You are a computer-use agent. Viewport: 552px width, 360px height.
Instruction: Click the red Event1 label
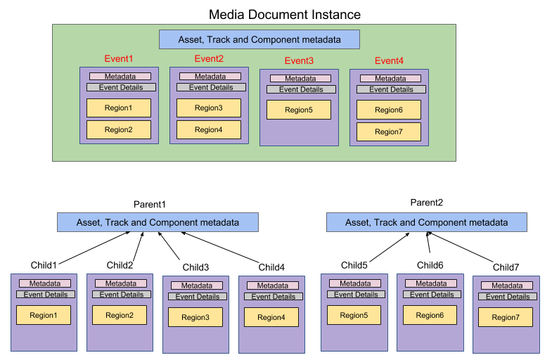[x=119, y=59]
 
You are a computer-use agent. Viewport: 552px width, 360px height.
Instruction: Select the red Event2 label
[x=209, y=59]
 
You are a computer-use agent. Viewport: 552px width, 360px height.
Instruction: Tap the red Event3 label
[x=299, y=61]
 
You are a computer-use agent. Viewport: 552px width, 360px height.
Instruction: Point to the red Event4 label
[x=389, y=61]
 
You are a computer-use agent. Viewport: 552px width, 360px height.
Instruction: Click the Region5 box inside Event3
[x=299, y=110]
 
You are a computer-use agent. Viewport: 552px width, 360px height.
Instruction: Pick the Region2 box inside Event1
[x=119, y=129]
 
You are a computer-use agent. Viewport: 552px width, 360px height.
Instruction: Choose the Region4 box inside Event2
[x=209, y=129]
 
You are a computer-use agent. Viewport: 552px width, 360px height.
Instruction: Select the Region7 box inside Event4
[x=389, y=131]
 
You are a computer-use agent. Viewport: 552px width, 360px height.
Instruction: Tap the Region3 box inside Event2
[x=209, y=108]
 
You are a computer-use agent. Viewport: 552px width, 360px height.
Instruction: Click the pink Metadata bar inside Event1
[x=119, y=77]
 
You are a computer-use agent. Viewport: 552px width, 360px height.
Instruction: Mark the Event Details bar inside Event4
[x=391, y=89]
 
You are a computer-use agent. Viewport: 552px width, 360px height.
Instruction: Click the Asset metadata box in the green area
[x=259, y=39]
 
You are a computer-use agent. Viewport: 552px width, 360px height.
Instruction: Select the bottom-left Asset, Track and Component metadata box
[x=158, y=222]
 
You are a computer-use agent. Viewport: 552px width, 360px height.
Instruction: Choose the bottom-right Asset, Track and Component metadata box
[x=427, y=222]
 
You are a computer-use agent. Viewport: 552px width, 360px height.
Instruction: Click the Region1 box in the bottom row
[x=44, y=315]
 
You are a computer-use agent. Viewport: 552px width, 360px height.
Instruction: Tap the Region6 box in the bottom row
[x=430, y=315]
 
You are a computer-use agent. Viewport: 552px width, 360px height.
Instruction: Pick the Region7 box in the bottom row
[x=505, y=317]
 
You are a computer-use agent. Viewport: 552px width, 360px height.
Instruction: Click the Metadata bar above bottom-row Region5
[x=355, y=283]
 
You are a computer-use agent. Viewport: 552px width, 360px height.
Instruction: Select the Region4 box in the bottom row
[x=271, y=317]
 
